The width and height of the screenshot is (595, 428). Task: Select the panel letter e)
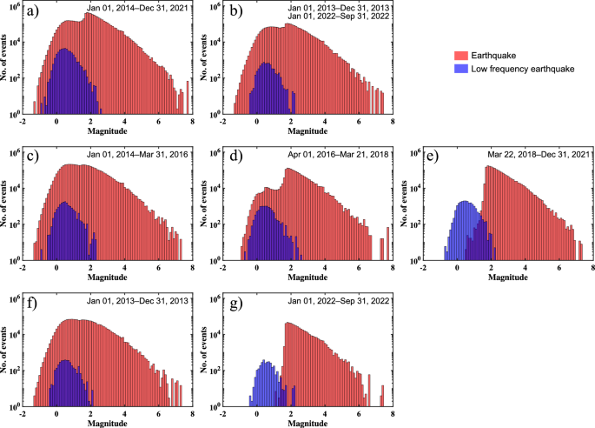pyautogui.click(x=430, y=157)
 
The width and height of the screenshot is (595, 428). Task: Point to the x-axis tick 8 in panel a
pyautogui.click(x=190, y=123)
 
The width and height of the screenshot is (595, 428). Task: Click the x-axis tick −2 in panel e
pyautogui.click(x=424, y=269)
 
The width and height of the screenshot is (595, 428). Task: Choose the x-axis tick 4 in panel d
pyautogui.click(x=325, y=269)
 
